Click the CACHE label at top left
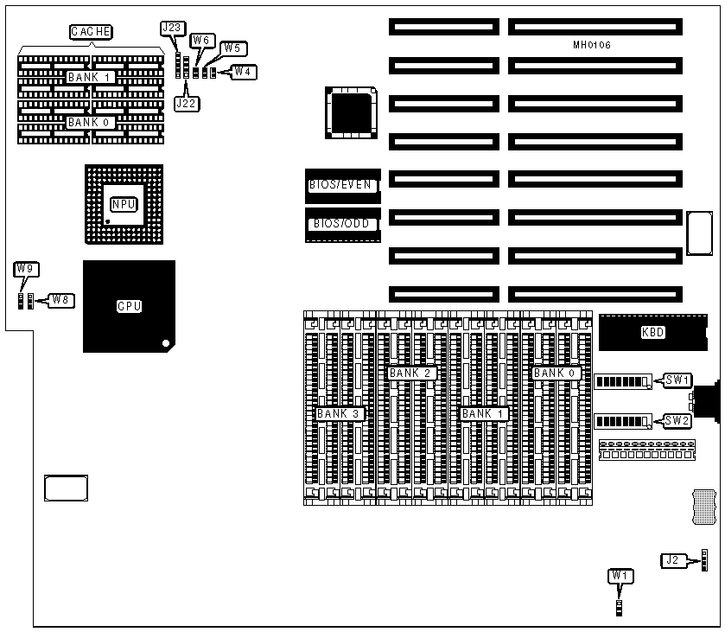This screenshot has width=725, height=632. pyautogui.click(x=91, y=33)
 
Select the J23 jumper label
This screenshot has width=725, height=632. pyautogui.click(x=172, y=28)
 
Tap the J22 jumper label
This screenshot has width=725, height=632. pyautogui.click(x=186, y=103)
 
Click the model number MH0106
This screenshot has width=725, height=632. pyautogui.click(x=592, y=44)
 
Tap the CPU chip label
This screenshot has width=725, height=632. pyautogui.click(x=129, y=306)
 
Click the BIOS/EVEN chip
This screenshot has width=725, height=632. pyautogui.click(x=342, y=184)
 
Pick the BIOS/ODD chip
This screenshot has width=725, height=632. pyautogui.click(x=342, y=224)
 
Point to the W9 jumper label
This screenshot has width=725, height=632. pyautogui.click(x=25, y=269)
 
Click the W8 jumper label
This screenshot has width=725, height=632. pyautogui.click(x=60, y=299)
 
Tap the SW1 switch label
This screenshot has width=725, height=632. pyautogui.click(x=677, y=380)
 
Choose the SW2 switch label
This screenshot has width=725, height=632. pyautogui.click(x=677, y=420)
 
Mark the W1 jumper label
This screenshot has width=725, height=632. pyautogui.click(x=620, y=576)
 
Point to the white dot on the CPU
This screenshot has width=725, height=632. pyautogui.click(x=166, y=344)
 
